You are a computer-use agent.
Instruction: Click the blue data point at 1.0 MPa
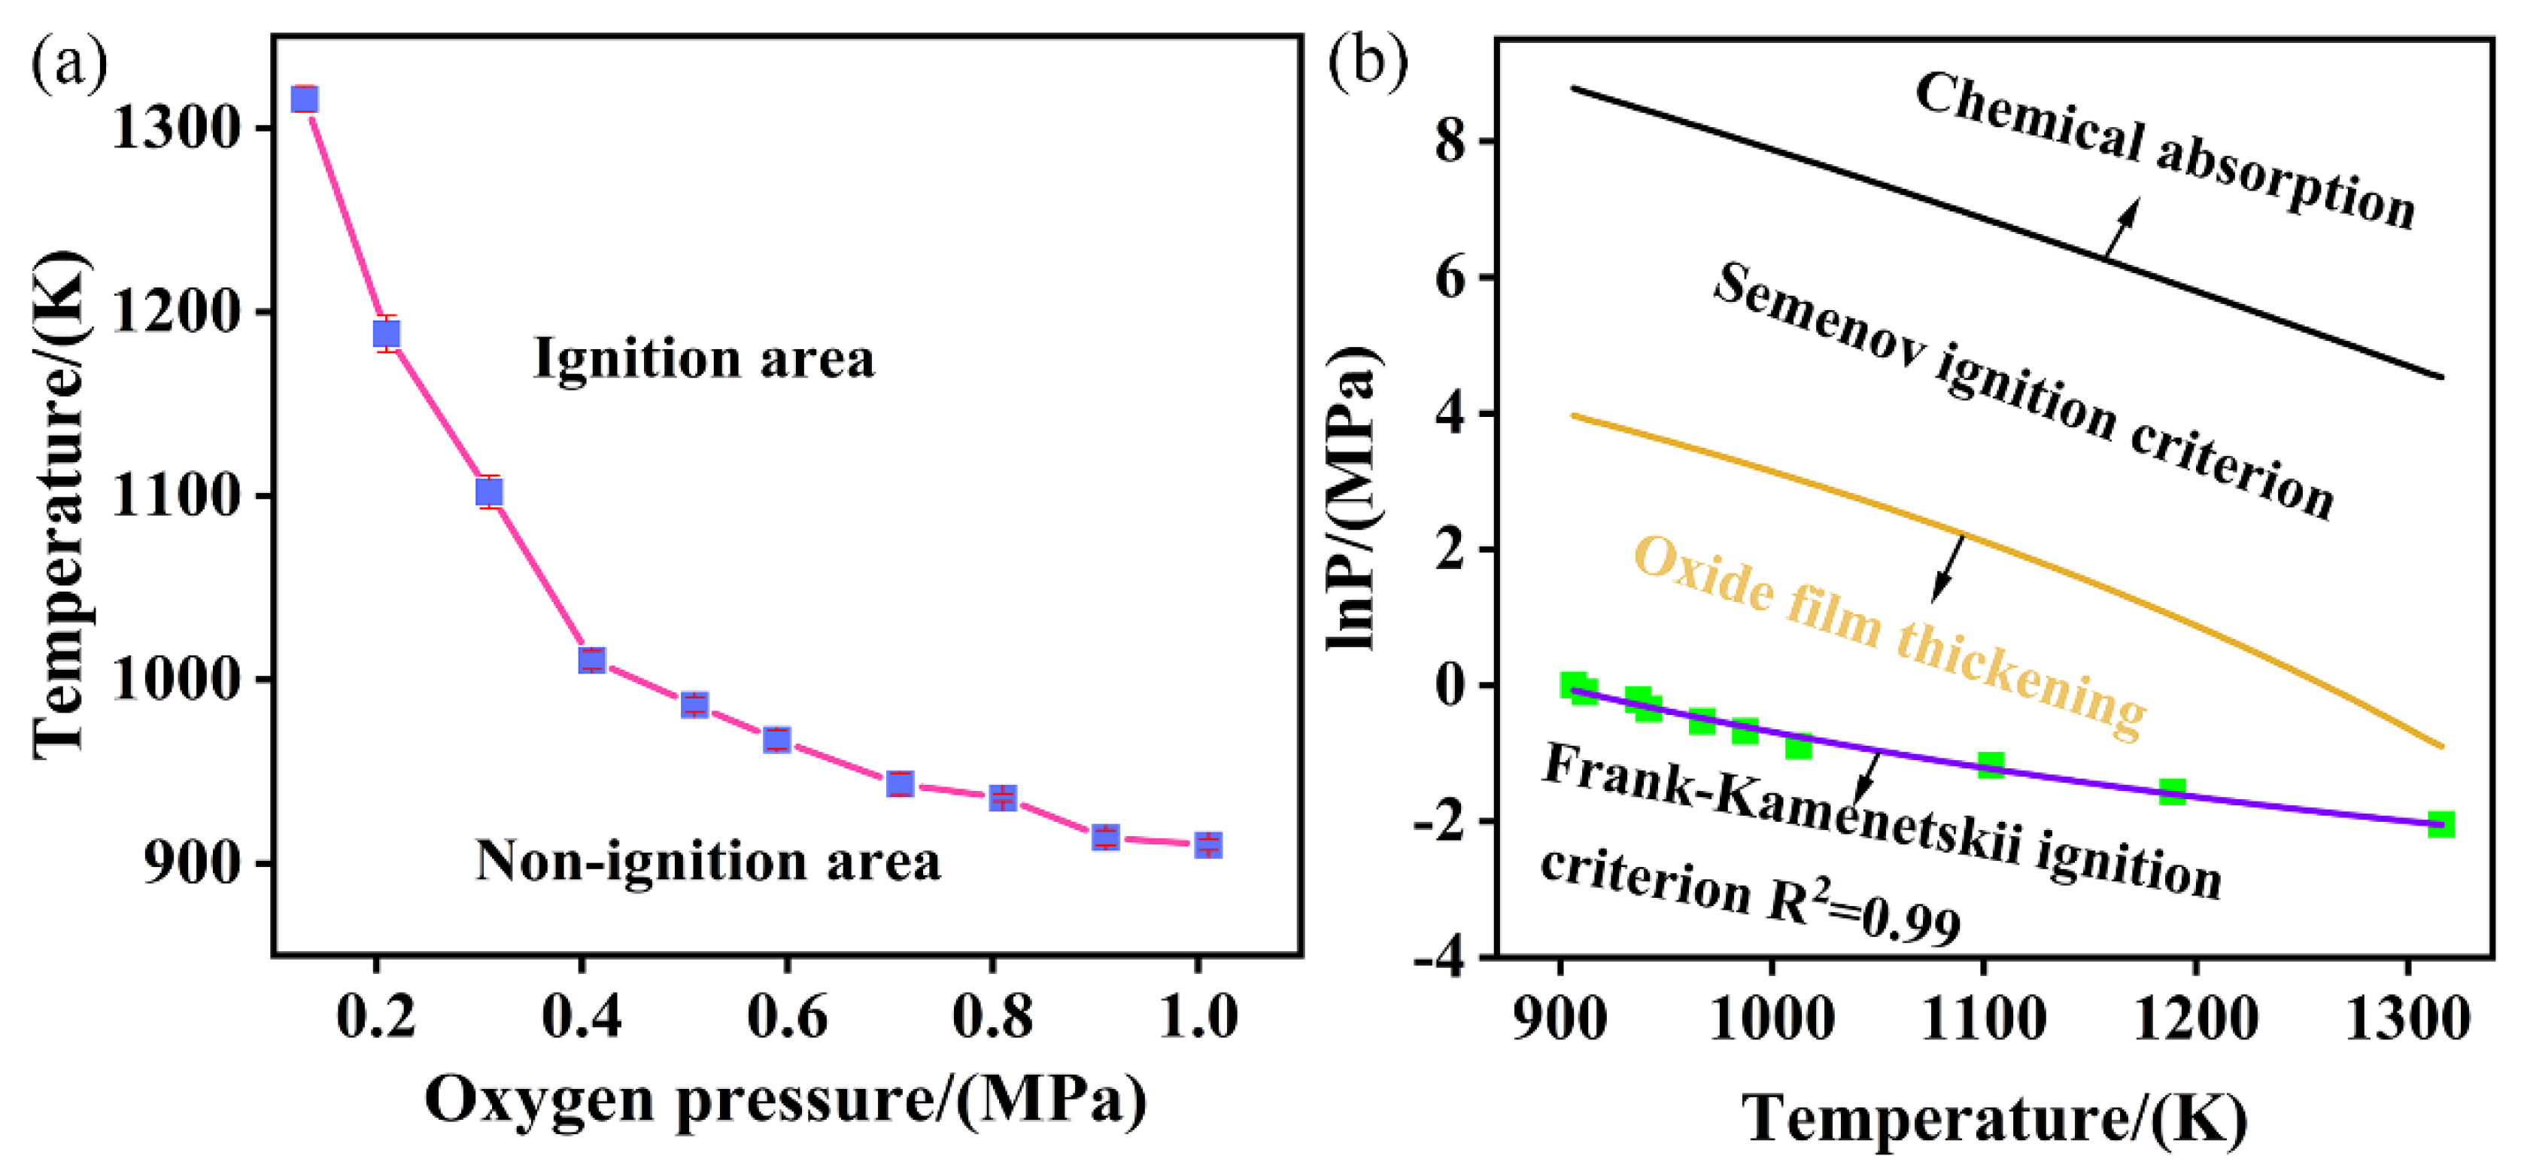pyautogui.click(x=1208, y=844)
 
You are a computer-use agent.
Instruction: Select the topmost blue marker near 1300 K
pyautogui.click(x=305, y=99)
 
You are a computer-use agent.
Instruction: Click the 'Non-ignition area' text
pyautogui.click(x=707, y=860)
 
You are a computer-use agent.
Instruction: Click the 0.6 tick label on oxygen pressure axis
pyautogui.click(x=787, y=1015)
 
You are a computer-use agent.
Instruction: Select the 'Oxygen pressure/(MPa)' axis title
pyautogui.click(x=786, y=1100)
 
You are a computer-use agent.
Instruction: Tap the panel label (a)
pyautogui.click(x=68, y=65)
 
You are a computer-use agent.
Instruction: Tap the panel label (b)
pyautogui.click(x=1368, y=62)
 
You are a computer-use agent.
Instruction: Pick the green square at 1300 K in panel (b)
pyautogui.click(x=2440, y=824)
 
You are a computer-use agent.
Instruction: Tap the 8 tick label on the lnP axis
pyautogui.click(x=1451, y=143)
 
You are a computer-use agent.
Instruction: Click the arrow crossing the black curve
pyautogui.click(x=2120, y=228)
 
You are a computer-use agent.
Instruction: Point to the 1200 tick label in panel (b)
pyautogui.click(x=2194, y=1019)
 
